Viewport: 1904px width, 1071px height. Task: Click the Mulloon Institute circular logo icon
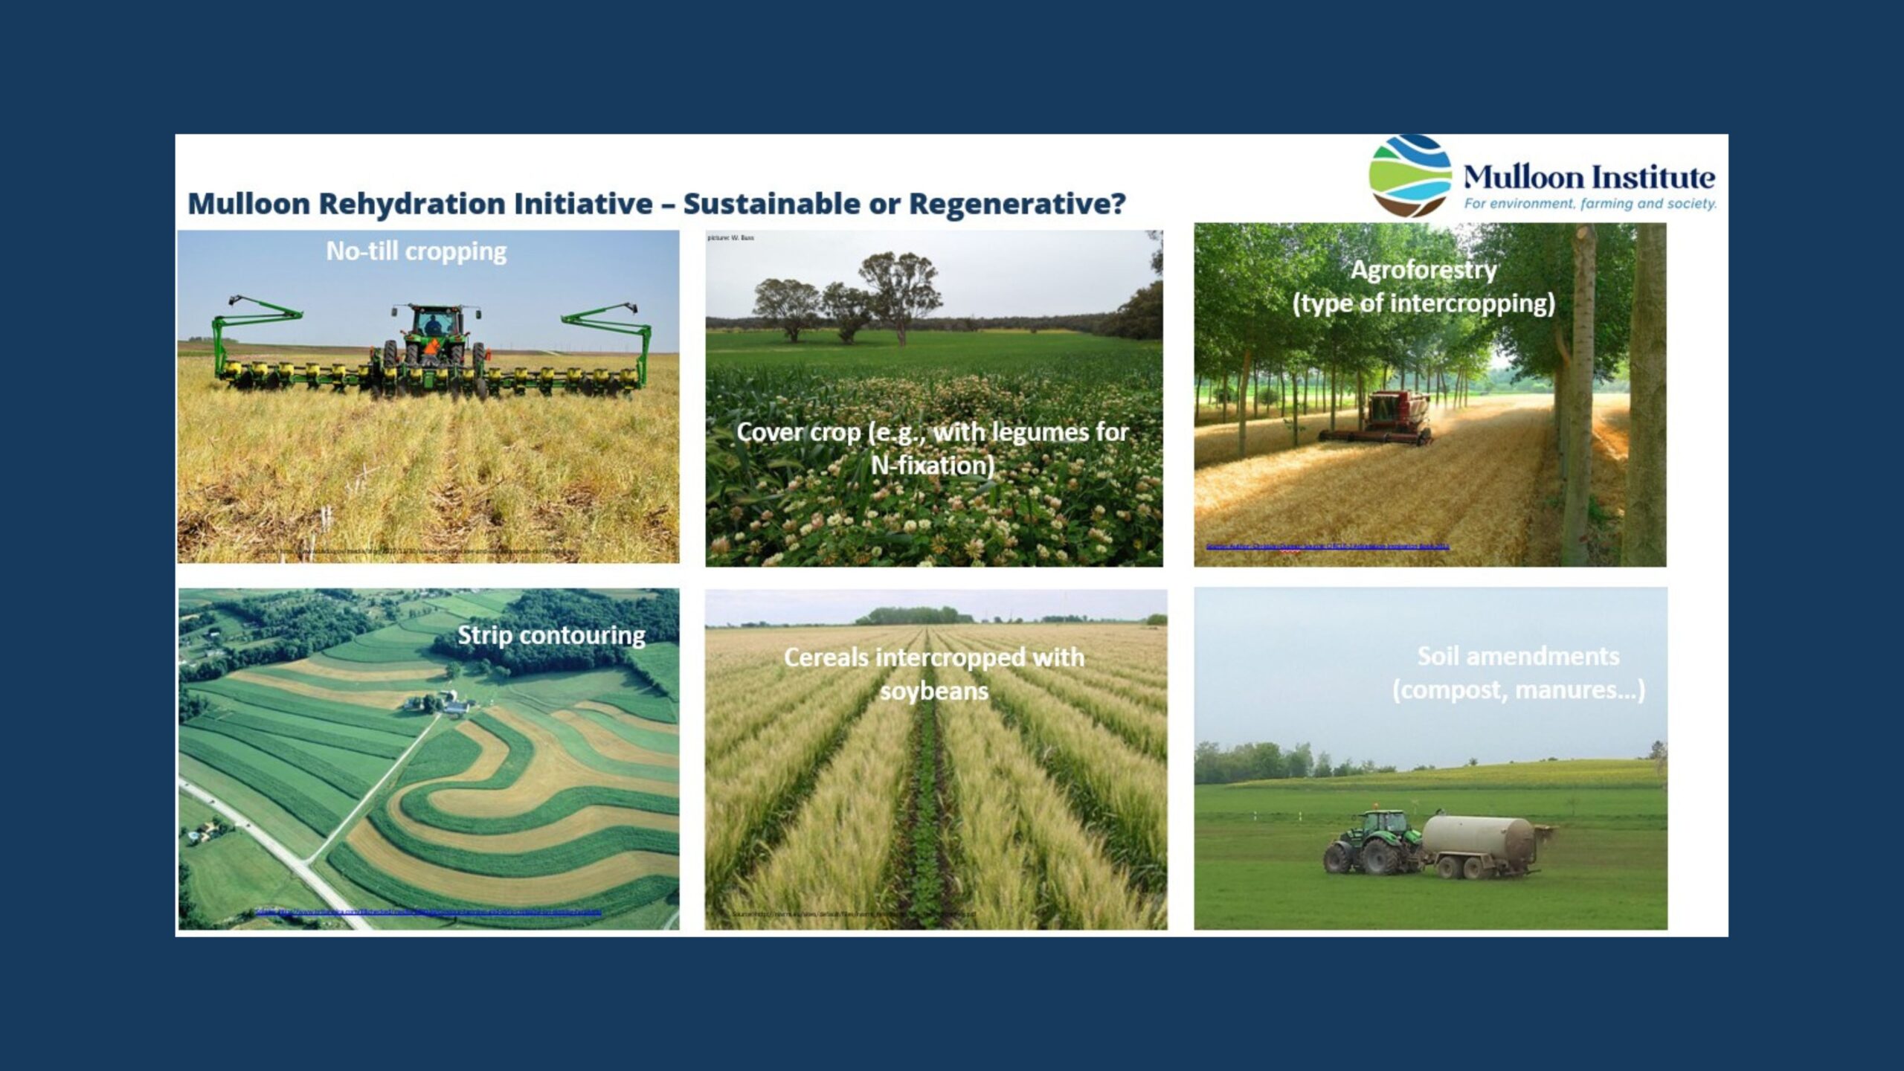pos(1409,176)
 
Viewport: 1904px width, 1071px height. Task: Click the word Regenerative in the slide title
pos(1017,204)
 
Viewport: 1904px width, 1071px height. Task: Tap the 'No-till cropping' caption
pos(416,251)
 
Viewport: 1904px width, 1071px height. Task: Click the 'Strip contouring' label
pos(551,635)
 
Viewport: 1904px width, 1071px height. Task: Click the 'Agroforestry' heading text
pos(1424,269)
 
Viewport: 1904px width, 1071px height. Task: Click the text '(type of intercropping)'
pos(1424,303)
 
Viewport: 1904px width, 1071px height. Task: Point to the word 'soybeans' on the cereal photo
pos(934,691)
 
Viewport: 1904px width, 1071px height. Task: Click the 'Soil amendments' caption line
pos(1518,656)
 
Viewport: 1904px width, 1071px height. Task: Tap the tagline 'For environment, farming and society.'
pos(1590,204)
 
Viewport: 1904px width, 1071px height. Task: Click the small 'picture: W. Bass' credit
pos(731,238)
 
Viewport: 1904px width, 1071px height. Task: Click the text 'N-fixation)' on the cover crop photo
pos(933,466)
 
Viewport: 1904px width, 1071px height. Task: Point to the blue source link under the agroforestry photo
pos(1327,547)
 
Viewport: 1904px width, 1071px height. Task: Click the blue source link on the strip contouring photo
pos(428,912)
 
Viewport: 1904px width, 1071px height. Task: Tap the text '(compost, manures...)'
pos(1518,690)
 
